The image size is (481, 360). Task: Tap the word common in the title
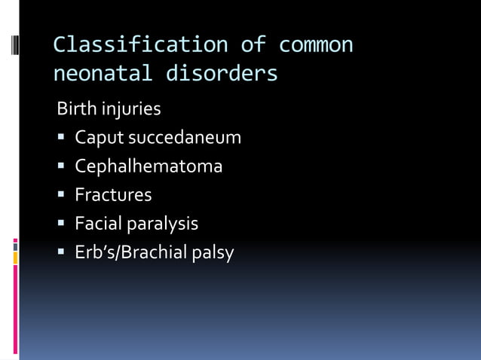(316, 45)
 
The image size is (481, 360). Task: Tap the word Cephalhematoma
(149, 166)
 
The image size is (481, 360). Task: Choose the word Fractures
(113, 195)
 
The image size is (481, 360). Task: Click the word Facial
(98, 224)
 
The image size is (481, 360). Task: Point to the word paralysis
(163, 224)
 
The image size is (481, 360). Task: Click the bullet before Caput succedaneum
(62, 138)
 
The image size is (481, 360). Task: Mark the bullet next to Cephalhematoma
(62, 166)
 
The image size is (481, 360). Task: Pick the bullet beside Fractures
(62, 195)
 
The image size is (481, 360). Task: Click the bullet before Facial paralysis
(62, 224)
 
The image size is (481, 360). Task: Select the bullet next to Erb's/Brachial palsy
(62, 252)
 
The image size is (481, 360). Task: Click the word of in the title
(253, 45)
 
